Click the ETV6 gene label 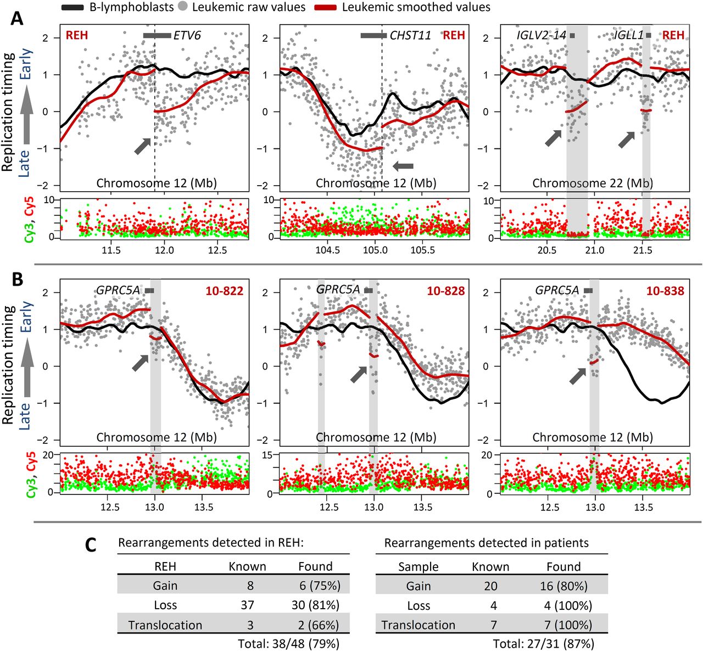click(x=187, y=36)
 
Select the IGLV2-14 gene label click(x=542, y=36)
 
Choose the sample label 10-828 click(x=446, y=291)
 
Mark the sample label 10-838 click(x=665, y=291)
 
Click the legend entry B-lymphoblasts click(x=131, y=7)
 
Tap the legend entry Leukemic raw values click(x=249, y=7)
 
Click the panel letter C click(x=92, y=544)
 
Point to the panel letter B click(x=17, y=280)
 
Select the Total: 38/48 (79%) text click(x=288, y=643)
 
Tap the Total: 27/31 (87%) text click(x=543, y=643)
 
